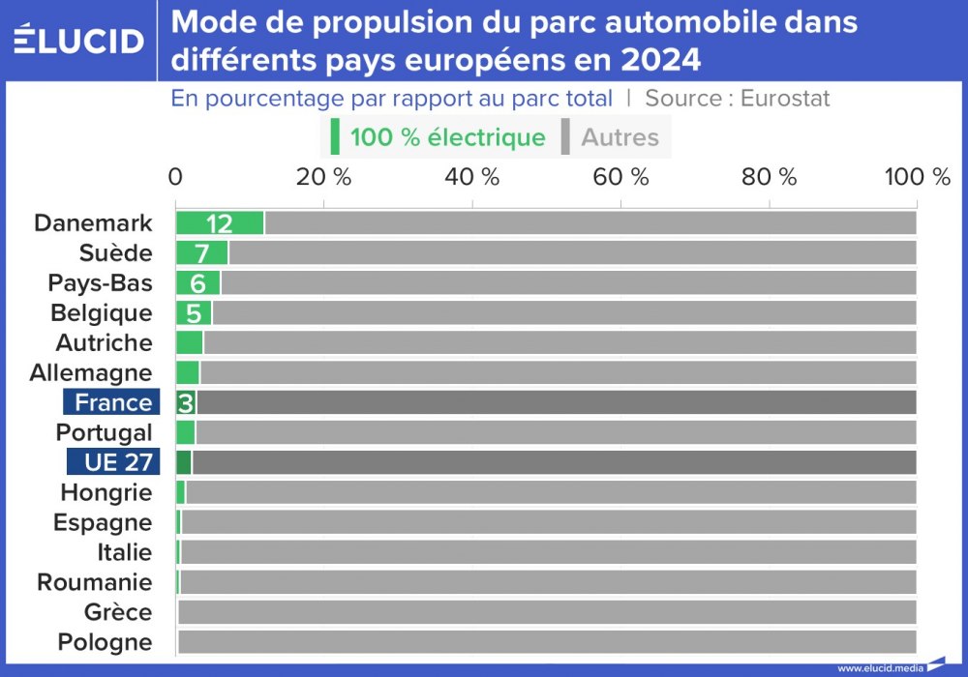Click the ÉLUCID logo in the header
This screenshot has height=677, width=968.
tap(79, 40)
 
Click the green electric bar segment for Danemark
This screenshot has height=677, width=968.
tap(220, 222)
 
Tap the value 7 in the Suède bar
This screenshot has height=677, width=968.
tap(201, 253)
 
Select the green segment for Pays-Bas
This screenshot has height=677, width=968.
tap(198, 283)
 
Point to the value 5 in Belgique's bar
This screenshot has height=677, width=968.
tap(194, 313)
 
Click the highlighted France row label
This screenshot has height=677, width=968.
tap(112, 402)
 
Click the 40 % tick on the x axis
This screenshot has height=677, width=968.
tap(472, 177)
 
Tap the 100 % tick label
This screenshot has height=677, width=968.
tap(911, 177)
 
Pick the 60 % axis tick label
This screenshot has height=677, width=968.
tap(620, 177)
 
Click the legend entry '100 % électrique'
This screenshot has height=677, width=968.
tap(446, 137)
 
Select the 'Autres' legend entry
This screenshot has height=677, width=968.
tap(619, 137)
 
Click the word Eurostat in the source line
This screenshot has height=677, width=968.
tap(785, 99)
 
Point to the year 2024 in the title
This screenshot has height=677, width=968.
tap(649, 61)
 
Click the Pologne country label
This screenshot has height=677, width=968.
tap(105, 642)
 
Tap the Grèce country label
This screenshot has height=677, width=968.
tap(118, 612)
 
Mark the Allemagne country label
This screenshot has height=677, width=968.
tap(91, 372)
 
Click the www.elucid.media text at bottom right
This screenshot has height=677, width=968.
tap(878, 667)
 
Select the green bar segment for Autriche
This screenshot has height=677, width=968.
tap(189, 342)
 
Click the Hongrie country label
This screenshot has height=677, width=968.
tap(106, 492)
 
